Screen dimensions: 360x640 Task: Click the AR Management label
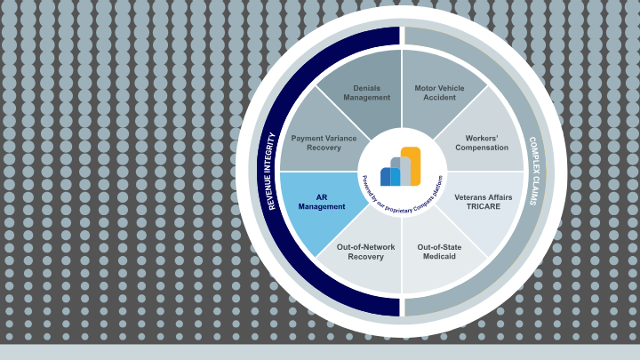(x=321, y=201)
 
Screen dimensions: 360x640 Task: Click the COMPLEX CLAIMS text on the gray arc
(x=532, y=171)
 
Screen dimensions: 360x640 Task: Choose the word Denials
(x=366, y=87)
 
